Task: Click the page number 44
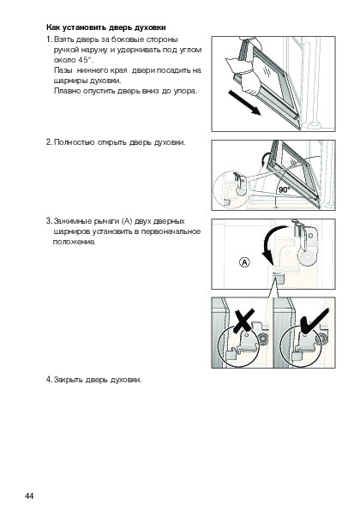pos(29,496)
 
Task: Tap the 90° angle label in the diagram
pos(284,189)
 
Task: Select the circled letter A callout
pos(244,261)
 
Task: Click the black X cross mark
pos(243,321)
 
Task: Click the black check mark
pos(314,321)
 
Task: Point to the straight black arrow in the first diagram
pos(244,103)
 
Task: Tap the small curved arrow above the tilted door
pos(266,159)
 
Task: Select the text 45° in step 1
pos(85,60)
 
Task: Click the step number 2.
pos(49,142)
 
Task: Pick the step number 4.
pos(49,380)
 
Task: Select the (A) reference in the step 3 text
pos(127,221)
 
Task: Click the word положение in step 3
pos(75,242)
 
